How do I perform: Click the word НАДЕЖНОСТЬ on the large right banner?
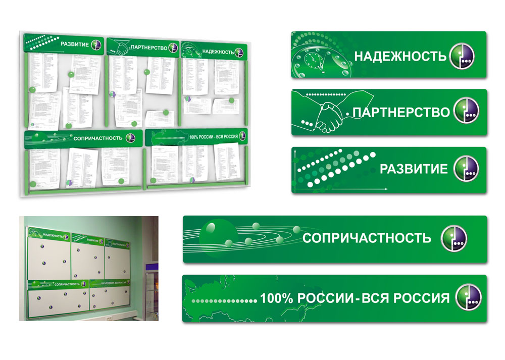coord(400,56)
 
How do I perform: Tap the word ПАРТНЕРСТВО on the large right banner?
coord(400,112)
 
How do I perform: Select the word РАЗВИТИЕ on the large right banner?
coord(414,169)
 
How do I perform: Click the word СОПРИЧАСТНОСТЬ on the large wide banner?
coord(367,238)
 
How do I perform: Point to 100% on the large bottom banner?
coord(277,298)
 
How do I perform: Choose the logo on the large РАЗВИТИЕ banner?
coord(466,169)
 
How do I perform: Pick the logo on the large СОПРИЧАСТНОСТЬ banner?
coord(454,238)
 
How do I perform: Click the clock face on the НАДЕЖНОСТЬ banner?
coord(313,62)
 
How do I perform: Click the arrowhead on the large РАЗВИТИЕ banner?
coord(386,189)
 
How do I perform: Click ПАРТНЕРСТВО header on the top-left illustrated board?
coord(148,47)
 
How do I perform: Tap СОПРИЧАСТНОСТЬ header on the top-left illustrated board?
coord(97,137)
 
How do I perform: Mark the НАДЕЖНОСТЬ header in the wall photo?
coord(53,235)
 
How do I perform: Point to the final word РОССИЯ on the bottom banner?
coord(425,298)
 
